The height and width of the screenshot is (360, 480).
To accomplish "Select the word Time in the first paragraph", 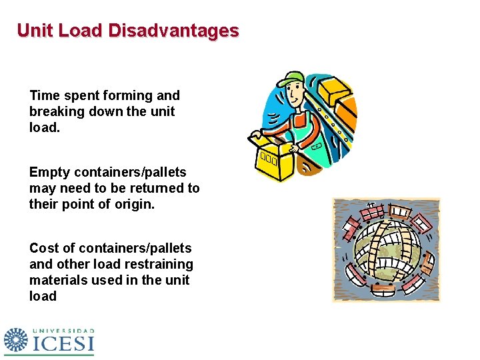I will tap(44, 96).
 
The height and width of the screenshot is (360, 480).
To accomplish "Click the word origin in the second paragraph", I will tap(131, 205).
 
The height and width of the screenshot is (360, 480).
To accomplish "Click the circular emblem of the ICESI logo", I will tap(15, 341).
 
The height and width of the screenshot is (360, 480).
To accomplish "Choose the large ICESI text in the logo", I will tap(64, 343).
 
